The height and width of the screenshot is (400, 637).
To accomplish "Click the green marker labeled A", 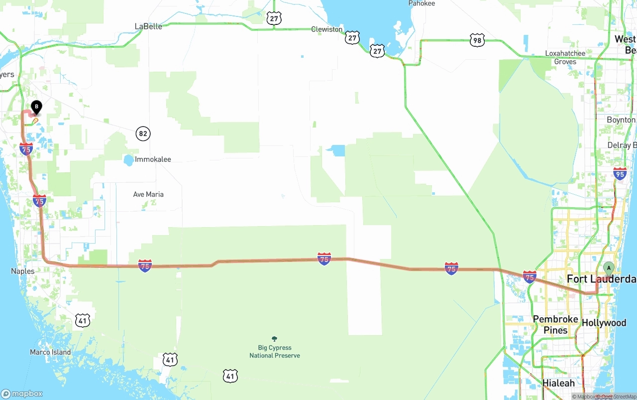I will coord(608,268).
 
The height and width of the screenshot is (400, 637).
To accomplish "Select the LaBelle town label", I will coord(148,26).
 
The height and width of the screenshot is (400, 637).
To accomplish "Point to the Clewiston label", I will coord(327,29).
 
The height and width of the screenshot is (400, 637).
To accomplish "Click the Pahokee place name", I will coord(422,3).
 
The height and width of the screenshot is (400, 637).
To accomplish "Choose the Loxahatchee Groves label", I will coord(565,57).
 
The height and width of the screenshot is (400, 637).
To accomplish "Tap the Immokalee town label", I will coord(153,159).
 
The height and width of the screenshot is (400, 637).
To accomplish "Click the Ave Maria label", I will coord(148,194).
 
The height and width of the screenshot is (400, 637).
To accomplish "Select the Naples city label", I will coord(23,271).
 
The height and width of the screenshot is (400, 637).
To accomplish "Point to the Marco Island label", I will coord(50,352).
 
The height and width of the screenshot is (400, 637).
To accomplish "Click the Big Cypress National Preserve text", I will coord(275,352).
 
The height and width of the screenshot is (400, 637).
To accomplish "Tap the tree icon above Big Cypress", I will coord(275,339).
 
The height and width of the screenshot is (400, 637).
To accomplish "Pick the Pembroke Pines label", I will coord(555,324).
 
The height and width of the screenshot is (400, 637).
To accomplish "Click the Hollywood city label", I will coord(604,323).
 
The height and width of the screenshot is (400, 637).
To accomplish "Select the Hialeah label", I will coord(558,383).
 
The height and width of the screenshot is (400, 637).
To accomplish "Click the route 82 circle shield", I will coord(143,133).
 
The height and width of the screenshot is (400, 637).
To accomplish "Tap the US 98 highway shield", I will coord(477,41).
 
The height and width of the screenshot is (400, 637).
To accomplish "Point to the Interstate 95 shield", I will coord(620,173).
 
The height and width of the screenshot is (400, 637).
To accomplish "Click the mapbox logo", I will coord(22,394).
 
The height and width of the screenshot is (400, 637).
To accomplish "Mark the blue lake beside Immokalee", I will coord(128,160).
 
